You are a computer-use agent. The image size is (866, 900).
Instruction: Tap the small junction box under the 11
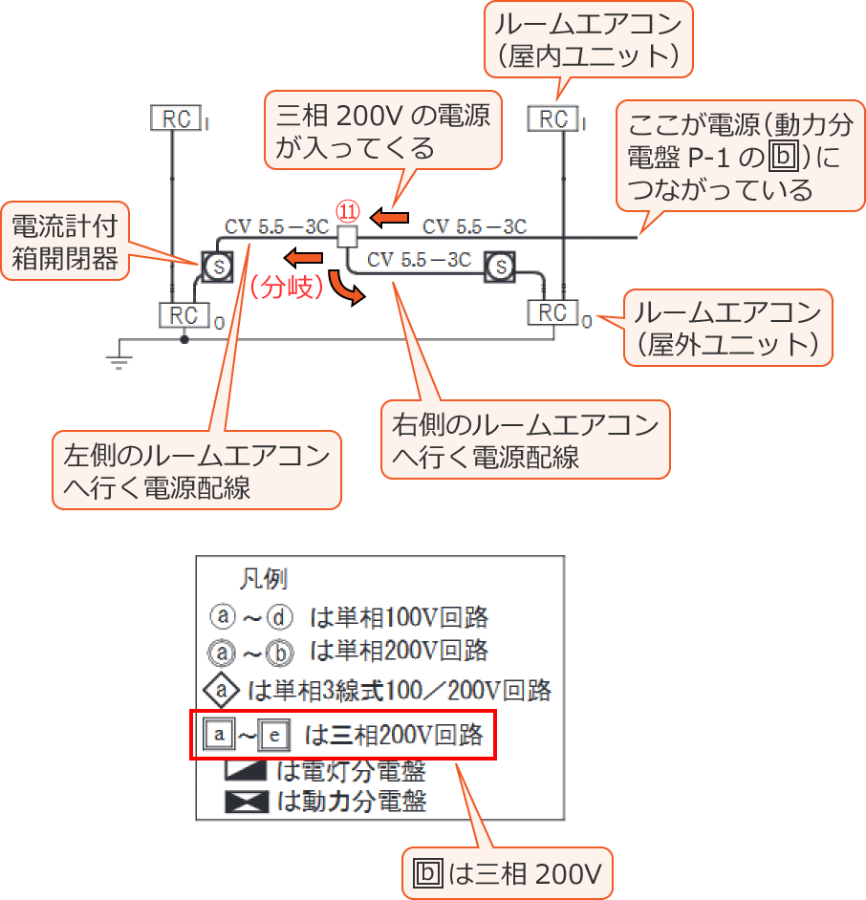point(347,235)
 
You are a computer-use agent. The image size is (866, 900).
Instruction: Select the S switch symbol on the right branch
point(500,266)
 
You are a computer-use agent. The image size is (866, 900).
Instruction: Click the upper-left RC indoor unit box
point(176,118)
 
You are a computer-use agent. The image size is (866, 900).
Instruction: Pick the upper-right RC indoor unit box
point(553,118)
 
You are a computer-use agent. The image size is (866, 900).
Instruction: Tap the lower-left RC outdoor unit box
point(183,314)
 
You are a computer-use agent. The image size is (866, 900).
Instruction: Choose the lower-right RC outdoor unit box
point(553,312)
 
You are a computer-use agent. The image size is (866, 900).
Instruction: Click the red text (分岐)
point(290,288)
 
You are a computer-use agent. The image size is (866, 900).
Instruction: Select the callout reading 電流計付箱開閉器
point(65,243)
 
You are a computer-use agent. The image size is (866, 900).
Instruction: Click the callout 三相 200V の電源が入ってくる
point(382,132)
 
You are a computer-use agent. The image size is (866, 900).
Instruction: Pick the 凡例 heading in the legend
point(263,578)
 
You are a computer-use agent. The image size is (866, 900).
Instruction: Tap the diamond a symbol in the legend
point(221,689)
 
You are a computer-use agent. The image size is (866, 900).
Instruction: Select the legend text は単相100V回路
point(400,616)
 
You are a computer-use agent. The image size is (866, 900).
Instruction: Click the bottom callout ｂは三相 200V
point(507,872)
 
